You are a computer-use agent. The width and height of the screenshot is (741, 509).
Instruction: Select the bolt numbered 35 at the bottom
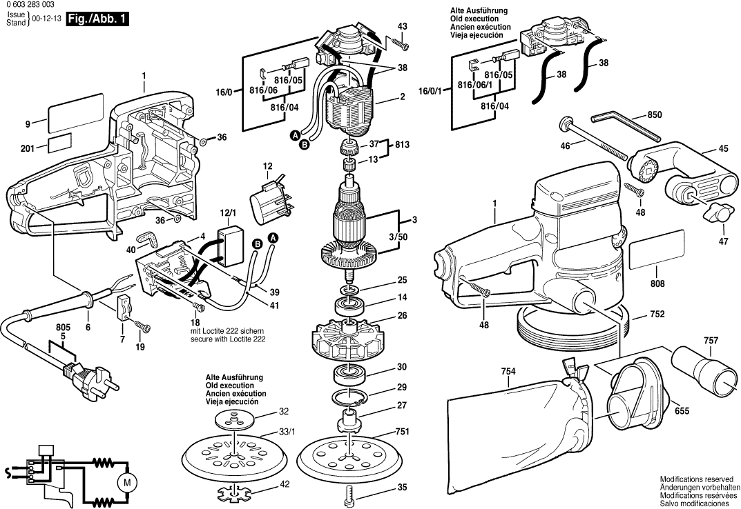(x=352, y=492)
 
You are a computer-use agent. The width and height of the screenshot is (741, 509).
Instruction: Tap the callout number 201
(x=28, y=148)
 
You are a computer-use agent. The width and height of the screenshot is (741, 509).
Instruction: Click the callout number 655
(x=681, y=410)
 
